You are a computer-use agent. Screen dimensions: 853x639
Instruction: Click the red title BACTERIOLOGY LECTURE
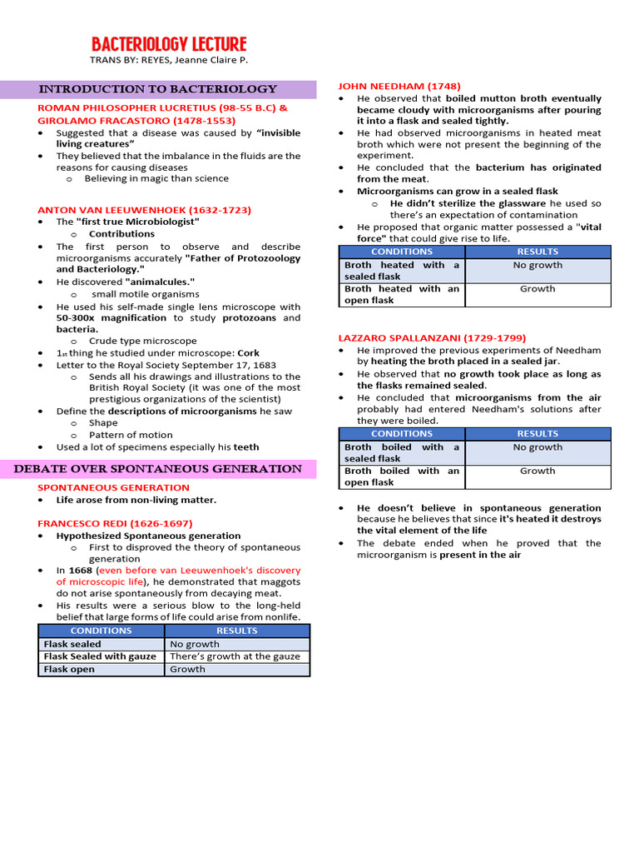(169, 44)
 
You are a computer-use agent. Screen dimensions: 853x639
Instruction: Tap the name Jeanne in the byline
(195, 60)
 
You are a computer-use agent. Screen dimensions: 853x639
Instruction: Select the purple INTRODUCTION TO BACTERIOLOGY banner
(158, 89)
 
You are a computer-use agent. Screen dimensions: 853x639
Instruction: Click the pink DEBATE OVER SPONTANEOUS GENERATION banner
(158, 469)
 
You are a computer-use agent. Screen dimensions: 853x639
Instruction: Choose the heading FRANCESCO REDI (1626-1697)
(115, 523)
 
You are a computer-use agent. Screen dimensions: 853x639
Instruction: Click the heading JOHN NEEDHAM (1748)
(399, 86)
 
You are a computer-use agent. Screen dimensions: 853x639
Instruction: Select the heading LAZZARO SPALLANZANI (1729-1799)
(431, 338)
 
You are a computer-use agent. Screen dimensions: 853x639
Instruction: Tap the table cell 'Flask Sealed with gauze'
(101, 656)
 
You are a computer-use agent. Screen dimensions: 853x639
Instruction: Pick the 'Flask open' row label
(69, 669)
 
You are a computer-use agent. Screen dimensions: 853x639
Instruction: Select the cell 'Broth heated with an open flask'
(401, 295)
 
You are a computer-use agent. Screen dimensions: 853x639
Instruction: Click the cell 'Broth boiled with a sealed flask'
(401, 453)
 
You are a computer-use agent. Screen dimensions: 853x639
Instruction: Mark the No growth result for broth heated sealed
(537, 265)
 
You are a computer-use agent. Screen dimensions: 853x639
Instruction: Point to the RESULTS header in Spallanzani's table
(537, 434)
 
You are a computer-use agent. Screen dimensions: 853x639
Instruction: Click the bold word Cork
(249, 353)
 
